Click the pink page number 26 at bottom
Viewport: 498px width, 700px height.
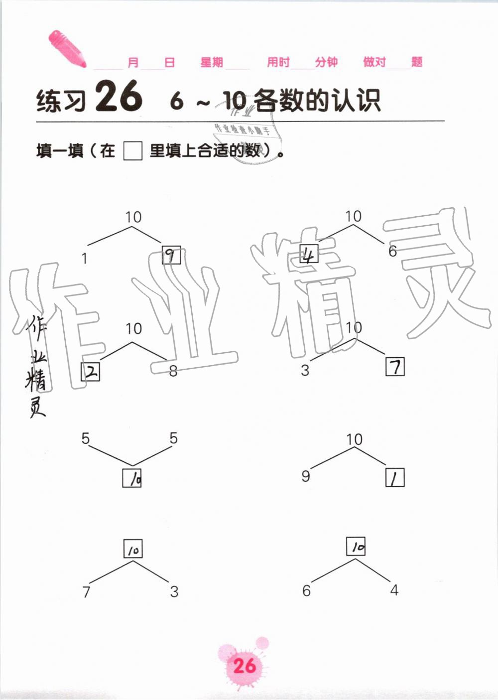[244, 666]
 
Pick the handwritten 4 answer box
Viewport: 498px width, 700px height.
[309, 255]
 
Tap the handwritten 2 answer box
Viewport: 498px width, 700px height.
[91, 371]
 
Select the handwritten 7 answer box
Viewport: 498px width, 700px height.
[395, 367]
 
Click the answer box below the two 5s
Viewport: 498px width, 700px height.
[132, 478]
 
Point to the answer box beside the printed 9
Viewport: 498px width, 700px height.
[395, 478]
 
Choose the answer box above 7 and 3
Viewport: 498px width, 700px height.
[133, 549]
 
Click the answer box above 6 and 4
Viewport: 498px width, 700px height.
[356, 547]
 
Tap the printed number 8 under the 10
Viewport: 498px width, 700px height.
[173, 371]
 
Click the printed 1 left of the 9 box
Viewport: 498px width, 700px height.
[85, 259]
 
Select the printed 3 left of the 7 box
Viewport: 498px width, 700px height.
[305, 370]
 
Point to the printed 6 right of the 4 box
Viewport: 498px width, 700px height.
[392, 251]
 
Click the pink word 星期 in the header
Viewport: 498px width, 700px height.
[212, 62]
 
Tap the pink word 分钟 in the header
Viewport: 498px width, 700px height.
[326, 62]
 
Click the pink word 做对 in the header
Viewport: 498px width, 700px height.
[374, 62]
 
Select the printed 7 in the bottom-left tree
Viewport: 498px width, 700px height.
[86, 592]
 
